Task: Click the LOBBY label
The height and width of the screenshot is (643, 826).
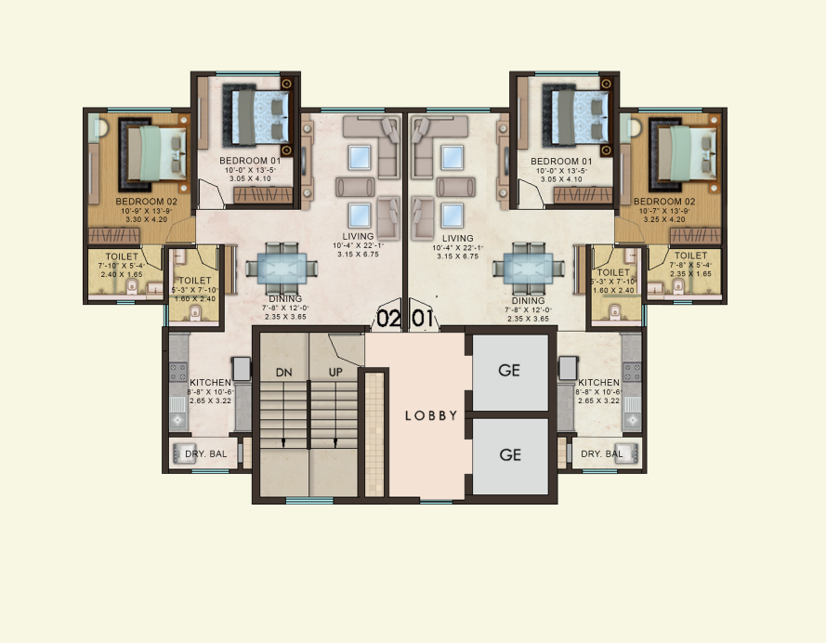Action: [x=431, y=415]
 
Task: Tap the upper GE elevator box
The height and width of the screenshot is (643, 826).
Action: [x=508, y=371]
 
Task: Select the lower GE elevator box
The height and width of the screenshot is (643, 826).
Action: [x=508, y=455]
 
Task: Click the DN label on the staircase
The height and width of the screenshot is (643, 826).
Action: [x=284, y=372]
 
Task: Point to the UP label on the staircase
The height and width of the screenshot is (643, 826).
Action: [x=335, y=372]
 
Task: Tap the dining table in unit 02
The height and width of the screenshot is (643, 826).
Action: [x=277, y=268]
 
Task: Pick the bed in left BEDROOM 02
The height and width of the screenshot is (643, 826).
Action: [x=154, y=152]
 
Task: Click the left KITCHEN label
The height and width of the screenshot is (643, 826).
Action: [x=210, y=383]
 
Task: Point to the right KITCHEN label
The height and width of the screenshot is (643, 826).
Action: [x=598, y=383]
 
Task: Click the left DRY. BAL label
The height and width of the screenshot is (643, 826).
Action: [x=203, y=454]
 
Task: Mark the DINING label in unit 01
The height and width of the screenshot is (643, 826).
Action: [x=528, y=301]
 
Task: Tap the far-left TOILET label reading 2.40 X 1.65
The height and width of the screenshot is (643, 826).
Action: [x=122, y=256]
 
